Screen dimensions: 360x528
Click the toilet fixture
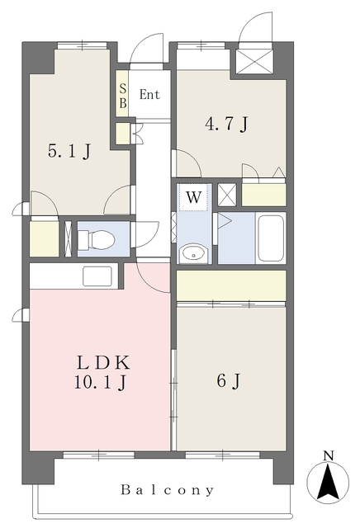tap(97, 239)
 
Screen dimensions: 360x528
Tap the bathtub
tap(271, 238)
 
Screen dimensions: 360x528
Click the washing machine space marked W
tap(193, 197)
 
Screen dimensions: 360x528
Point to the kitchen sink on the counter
tap(97, 276)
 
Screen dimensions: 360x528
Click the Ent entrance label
tap(149, 94)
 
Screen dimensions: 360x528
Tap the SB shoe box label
tap(123, 96)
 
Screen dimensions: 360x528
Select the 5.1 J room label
tap(69, 151)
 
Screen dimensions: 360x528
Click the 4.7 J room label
tap(226, 124)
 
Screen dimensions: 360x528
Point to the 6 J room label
tap(229, 381)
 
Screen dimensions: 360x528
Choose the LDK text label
tap(103, 363)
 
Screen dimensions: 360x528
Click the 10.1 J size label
tap(101, 382)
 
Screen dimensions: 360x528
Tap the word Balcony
tap(168, 490)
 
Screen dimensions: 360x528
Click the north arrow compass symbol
tap(328, 482)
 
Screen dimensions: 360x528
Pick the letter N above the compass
tap(329, 455)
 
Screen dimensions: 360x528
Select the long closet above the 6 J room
tap(231, 285)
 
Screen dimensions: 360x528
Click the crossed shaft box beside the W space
tap(227, 195)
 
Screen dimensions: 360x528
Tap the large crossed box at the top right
tap(255, 60)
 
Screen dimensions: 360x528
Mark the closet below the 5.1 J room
tap(44, 238)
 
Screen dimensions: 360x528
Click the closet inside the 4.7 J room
tap(264, 195)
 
